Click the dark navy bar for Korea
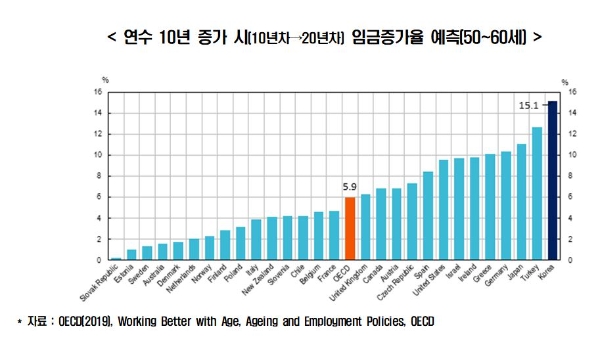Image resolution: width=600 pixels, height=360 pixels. click(552, 181)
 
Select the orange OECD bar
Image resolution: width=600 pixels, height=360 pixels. click(349, 229)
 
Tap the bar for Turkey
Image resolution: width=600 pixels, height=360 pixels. click(537, 193)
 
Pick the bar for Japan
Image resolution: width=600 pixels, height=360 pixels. click(521, 202)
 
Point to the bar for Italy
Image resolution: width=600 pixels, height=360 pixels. click(256, 240)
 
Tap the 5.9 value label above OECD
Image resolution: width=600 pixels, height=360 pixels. click(349, 186)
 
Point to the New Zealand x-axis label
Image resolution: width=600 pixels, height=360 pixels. click(255, 284)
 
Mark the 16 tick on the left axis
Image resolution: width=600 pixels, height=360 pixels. click(98, 92)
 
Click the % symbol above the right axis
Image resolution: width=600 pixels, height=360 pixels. click(565, 79)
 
